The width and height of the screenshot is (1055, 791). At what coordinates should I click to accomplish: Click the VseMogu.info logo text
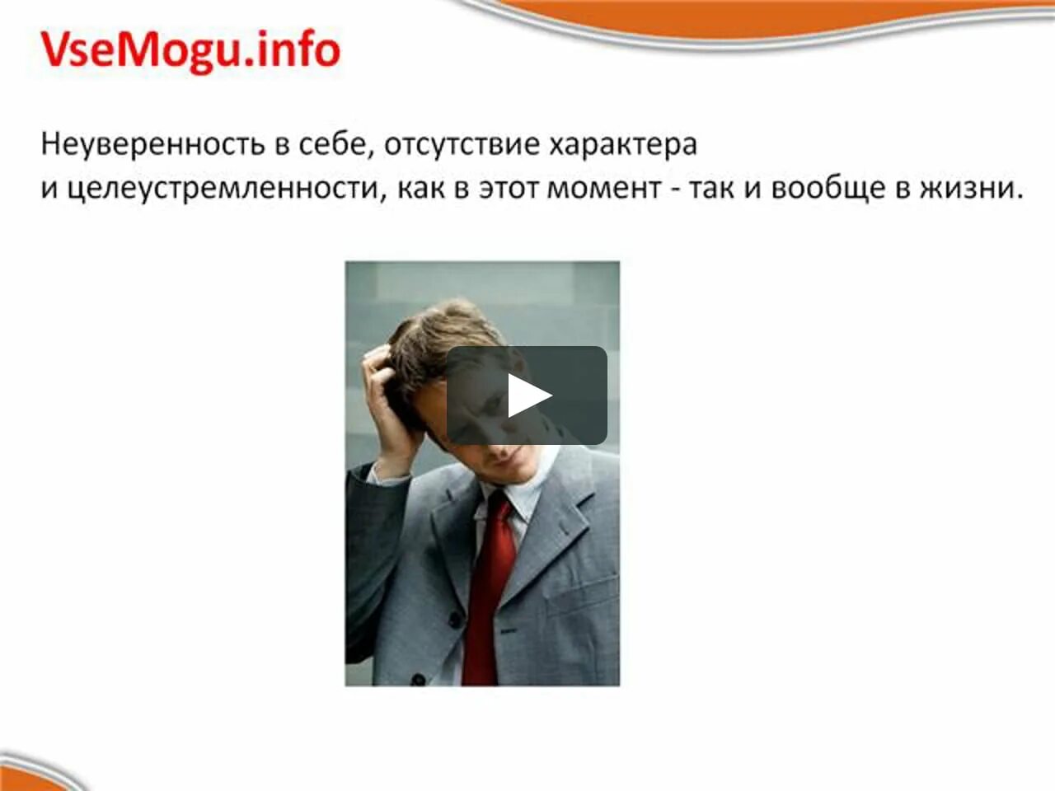click(190, 50)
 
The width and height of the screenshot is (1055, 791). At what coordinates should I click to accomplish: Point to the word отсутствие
click(462, 144)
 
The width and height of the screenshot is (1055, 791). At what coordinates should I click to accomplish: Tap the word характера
click(623, 144)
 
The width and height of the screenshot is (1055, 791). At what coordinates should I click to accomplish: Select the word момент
click(604, 189)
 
